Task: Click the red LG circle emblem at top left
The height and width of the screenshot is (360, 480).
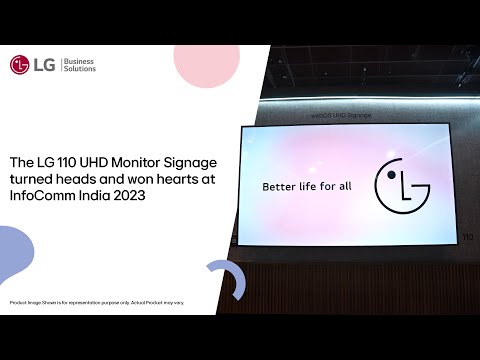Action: (x=19, y=65)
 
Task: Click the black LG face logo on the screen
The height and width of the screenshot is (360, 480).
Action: (x=401, y=186)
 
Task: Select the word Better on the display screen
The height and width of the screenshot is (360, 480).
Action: (x=282, y=186)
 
